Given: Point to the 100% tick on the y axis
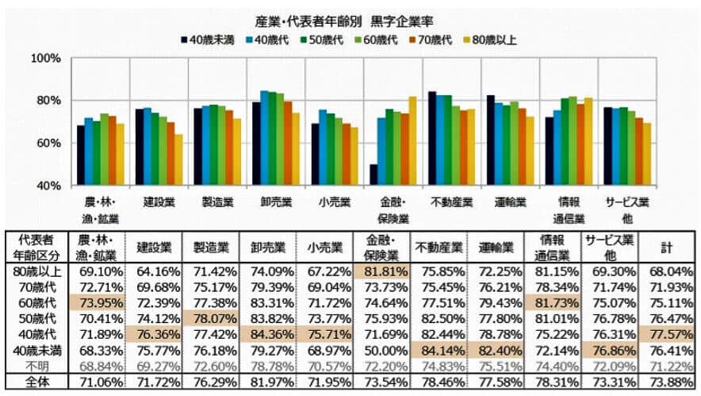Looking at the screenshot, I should coord(45,59).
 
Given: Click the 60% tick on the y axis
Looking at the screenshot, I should coord(45,143).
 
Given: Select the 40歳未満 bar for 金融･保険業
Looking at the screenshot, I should coord(373,175).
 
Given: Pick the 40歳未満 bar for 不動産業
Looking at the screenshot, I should coord(432,138).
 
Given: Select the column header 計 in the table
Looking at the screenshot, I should coord(667,248).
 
